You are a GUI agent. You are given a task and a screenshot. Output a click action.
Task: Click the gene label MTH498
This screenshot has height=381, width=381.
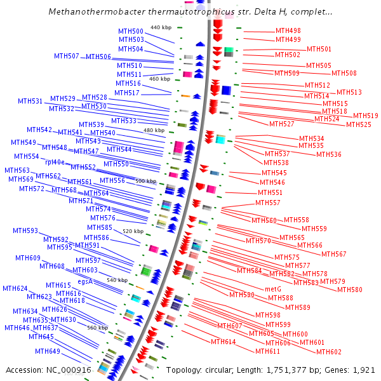tap(288, 30)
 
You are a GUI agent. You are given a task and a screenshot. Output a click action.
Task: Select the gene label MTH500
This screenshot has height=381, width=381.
tap(131, 31)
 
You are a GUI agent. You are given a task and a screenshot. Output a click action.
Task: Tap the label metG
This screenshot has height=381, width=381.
tap(272, 289)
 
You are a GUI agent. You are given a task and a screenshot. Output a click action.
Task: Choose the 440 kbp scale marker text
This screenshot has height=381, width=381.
tap(161, 27)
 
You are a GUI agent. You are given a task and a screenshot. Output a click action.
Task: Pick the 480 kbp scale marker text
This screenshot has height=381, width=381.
tap(154, 130)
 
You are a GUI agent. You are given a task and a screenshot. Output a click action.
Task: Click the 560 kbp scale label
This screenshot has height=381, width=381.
tap(97, 328)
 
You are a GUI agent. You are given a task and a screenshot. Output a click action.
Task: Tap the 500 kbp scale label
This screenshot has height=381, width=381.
tap(145, 181)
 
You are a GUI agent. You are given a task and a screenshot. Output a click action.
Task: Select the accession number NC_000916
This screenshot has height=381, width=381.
tap(70, 370)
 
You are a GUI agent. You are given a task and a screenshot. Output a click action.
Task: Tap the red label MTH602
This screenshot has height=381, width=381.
tap(329, 352)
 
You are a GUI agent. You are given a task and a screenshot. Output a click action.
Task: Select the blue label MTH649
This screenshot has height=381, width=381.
tap(48, 351)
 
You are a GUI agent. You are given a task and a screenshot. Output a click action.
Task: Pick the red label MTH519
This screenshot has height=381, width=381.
tap(366, 116)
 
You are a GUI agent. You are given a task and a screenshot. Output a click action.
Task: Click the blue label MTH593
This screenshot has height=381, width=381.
tap(25, 231)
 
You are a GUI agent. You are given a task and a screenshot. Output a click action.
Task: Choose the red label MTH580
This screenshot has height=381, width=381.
tap(350, 290)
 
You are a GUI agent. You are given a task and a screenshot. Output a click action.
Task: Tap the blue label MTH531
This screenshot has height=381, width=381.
tap(30, 101)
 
